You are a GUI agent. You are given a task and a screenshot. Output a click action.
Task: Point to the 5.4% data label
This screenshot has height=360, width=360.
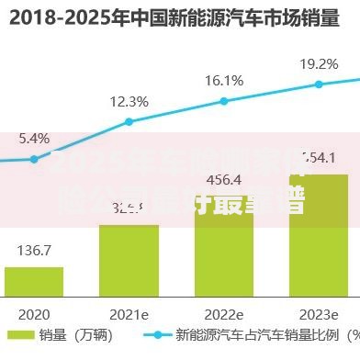33,139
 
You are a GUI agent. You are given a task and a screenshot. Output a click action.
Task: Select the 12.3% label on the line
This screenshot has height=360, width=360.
129,101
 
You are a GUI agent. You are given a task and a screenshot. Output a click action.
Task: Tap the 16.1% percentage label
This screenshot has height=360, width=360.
224,80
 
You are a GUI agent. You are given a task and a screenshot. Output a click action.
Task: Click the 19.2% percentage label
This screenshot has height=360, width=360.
319,64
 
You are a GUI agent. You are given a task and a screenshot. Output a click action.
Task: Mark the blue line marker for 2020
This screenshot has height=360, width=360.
34,159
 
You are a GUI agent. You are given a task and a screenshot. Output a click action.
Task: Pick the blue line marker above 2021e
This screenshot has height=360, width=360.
129,121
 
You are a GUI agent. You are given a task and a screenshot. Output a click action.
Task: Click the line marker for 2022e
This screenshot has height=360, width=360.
224,100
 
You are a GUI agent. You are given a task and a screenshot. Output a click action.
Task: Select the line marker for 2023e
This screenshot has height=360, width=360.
319,84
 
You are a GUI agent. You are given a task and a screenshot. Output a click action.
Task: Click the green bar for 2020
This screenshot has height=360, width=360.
34,281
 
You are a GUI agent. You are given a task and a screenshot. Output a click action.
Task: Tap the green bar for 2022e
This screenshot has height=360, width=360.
224,243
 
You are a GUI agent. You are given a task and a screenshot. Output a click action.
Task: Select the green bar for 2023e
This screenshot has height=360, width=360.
319,234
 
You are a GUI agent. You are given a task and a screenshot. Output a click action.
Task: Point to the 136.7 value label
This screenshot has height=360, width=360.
34,250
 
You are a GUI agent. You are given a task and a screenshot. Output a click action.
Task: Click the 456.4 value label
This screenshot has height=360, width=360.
224,179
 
